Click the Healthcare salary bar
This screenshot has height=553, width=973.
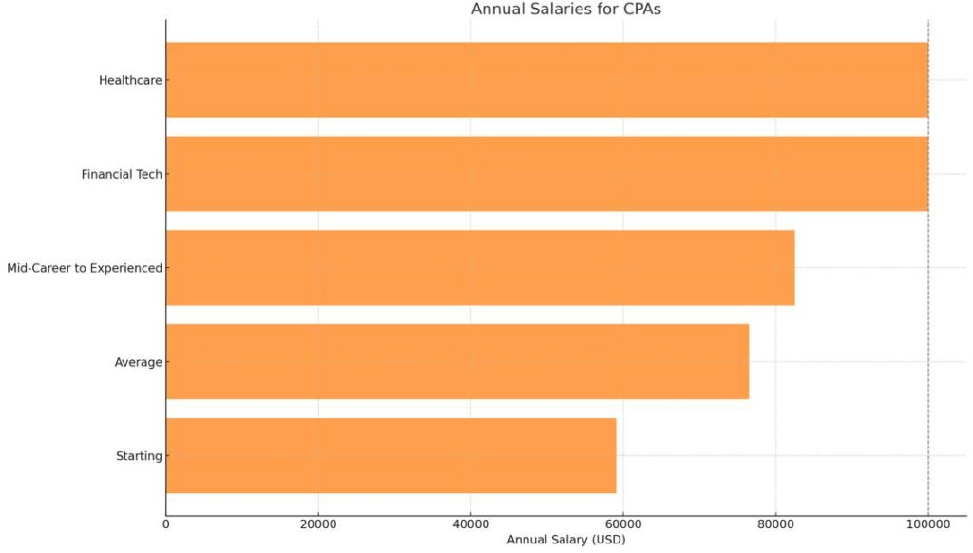point(546,80)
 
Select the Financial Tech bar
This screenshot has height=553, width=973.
point(546,174)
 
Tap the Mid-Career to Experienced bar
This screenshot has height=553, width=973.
point(480,268)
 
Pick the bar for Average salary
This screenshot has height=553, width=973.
point(457,362)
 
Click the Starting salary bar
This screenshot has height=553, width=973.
point(391,456)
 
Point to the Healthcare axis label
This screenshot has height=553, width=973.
point(130,80)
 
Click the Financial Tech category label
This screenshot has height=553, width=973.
point(122,174)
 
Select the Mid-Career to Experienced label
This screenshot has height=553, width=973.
point(85,268)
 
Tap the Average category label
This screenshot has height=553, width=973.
point(138,362)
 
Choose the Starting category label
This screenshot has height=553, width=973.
point(139,456)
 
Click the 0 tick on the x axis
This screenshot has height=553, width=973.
point(166,522)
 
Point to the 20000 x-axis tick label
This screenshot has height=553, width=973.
point(318,522)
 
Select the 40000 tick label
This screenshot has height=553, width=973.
point(470,522)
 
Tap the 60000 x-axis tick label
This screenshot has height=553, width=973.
point(623,522)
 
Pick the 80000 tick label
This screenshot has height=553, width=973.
point(775,522)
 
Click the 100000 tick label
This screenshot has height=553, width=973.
point(927,522)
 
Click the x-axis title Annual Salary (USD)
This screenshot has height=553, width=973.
point(565,540)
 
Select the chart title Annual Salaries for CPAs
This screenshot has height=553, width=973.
point(565,10)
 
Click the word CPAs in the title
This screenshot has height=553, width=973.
point(640,10)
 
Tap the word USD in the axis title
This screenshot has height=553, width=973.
point(606,540)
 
